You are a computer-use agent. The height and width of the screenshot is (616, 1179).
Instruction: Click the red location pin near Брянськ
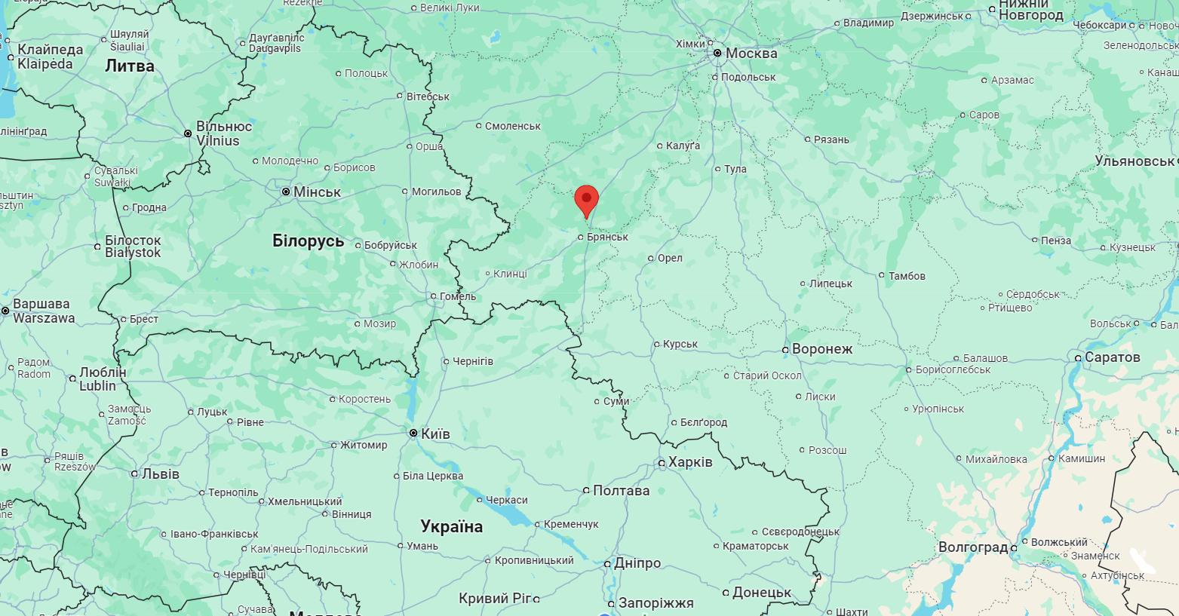pyautogui.click(x=586, y=200)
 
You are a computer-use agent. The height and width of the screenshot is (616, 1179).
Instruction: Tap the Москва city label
pyautogui.click(x=751, y=54)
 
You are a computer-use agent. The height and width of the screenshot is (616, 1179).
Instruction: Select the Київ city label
pyautogui.click(x=435, y=434)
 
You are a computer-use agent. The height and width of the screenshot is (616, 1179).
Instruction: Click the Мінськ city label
pyautogui.click(x=317, y=192)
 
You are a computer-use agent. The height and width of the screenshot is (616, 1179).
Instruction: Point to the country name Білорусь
pyautogui.click(x=308, y=241)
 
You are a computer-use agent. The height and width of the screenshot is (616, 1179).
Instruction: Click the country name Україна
pyautogui.click(x=451, y=526)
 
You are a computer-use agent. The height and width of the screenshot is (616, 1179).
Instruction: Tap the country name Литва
pyautogui.click(x=130, y=66)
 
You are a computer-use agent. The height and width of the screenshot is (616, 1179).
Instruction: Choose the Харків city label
pyautogui.click(x=690, y=462)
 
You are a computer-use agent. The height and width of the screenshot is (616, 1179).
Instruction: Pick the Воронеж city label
pyautogui.click(x=822, y=349)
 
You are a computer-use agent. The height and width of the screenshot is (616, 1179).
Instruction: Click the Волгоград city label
pyautogui.click(x=973, y=547)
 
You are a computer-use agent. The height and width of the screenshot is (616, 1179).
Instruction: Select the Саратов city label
pyautogui.click(x=1112, y=357)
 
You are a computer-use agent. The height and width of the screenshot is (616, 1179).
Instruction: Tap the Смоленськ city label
pyautogui.click(x=513, y=126)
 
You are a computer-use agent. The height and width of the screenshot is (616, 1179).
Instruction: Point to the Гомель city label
pyautogui.click(x=458, y=296)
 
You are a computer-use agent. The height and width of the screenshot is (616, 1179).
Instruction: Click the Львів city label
pyautogui.click(x=161, y=474)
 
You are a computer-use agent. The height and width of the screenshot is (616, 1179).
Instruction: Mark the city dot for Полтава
pyautogui.click(x=586, y=491)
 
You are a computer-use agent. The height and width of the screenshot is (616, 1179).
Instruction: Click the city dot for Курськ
pyautogui.click(x=656, y=345)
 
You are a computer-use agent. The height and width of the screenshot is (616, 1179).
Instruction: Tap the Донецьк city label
pyautogui.click(x=762, y=593)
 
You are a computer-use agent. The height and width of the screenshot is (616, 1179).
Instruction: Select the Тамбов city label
pyautogui.click(x=907, y=276)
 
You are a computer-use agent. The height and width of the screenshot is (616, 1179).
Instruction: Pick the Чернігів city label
pyautogui.click(x=473, y=362)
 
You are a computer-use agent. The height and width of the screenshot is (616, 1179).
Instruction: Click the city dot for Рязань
pyautogui.click(x=807, y=139)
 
